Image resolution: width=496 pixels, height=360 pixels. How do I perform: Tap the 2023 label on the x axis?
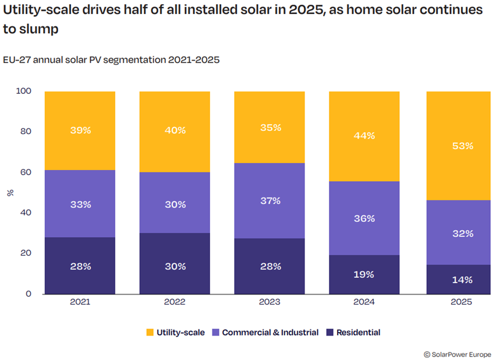point(270,303)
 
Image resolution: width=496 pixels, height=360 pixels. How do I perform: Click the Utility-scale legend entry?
point(175,333)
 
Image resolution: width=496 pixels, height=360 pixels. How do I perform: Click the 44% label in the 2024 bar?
point(364,136)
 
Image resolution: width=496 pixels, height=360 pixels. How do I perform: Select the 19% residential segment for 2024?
point(364,274)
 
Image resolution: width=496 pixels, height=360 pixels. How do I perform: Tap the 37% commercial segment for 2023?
point(270,201)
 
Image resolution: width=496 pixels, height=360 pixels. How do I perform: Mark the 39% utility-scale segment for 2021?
point(80,130)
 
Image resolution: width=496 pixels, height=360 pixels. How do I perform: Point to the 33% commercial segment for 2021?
point(80,204)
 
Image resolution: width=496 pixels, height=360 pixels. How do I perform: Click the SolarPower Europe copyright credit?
point(457,354)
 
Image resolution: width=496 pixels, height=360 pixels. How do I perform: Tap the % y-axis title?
point(10,192)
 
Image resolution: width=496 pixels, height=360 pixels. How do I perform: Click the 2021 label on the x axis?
point(80,303)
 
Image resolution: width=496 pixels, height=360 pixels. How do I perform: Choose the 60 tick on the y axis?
point(25,172)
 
